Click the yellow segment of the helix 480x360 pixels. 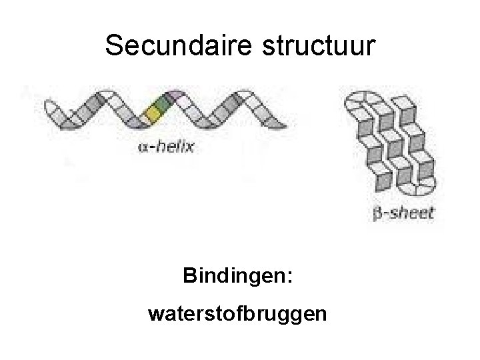click(153, 115)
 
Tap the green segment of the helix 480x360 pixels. click(161, 103)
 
